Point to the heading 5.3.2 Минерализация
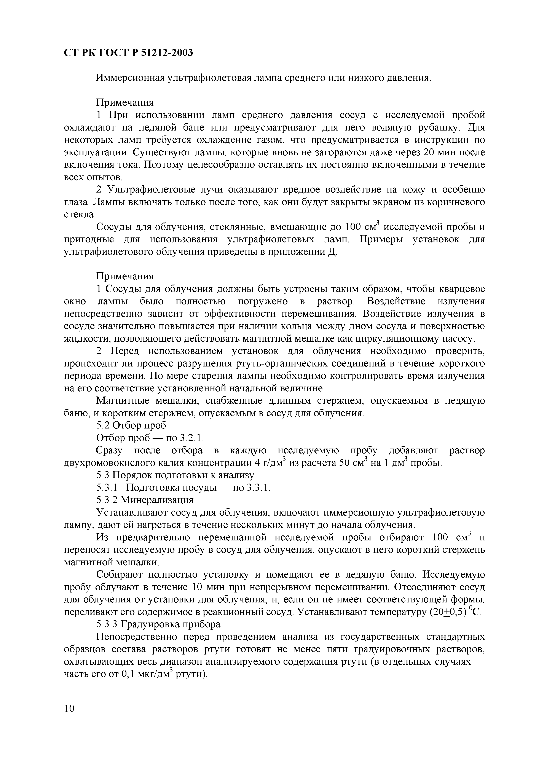pos(145,500)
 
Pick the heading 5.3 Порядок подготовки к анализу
pos(175,475)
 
